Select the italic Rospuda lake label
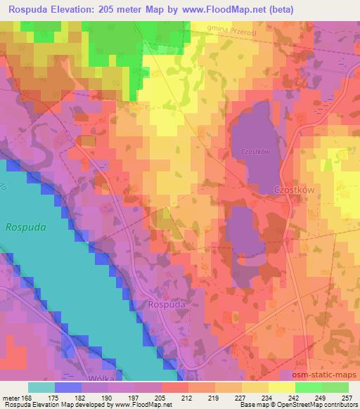25,227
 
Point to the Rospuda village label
167,304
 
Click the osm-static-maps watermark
326,376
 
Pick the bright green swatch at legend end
335,387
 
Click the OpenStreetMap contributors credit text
315,405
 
